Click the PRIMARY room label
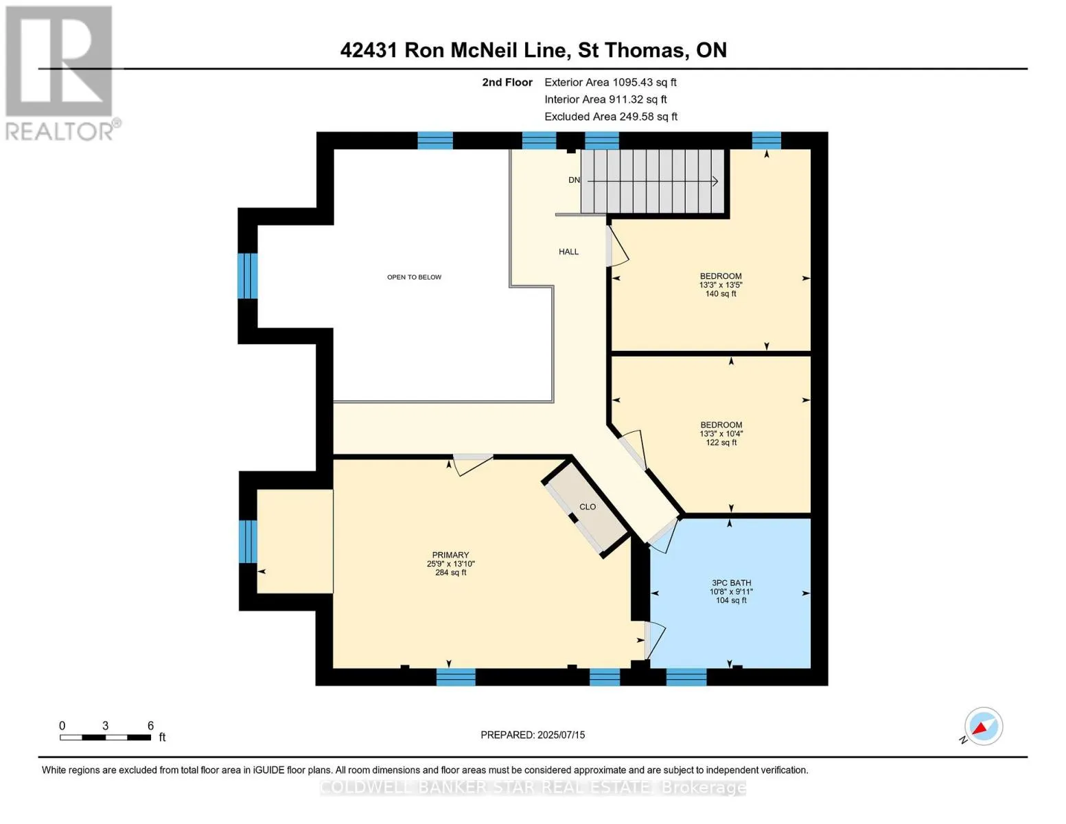450,555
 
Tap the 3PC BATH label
730,583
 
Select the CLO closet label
588,507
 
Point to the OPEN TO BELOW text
414,277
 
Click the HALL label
568,252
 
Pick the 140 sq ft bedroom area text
721,294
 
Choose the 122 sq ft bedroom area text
721,443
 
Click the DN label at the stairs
574,181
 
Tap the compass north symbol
983,726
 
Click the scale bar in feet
105,737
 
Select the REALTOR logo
59,72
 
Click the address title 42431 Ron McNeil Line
533,50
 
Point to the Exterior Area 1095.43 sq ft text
610,82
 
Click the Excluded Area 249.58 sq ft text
610,117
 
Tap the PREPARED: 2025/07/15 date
533,735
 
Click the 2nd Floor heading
507,82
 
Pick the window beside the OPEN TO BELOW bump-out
247,276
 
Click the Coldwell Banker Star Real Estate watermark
533,788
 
